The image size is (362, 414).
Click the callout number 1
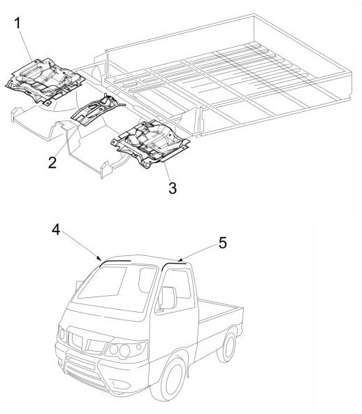17,23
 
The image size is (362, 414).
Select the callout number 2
52,162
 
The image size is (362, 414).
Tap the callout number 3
173,188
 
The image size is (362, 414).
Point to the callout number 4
56,229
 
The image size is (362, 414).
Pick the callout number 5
223,243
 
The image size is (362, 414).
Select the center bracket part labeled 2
96,109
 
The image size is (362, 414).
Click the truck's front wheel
171,378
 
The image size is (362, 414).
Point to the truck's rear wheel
227,346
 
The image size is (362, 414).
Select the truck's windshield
116,289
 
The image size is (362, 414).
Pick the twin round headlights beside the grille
120,350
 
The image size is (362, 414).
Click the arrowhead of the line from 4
100,258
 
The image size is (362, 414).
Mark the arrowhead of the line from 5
180,260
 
